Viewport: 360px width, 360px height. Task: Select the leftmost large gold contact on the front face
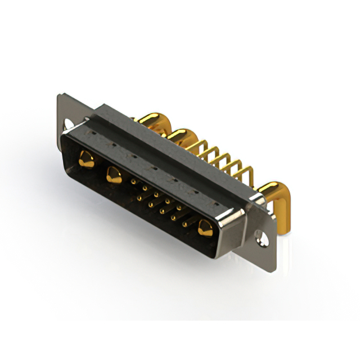click(x=87, y=158)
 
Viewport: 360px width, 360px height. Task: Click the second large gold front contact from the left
click(x=113, y=176)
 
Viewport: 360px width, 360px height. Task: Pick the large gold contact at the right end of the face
click(x=205, y=228)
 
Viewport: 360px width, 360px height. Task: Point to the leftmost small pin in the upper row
click(x=133, y=182)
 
